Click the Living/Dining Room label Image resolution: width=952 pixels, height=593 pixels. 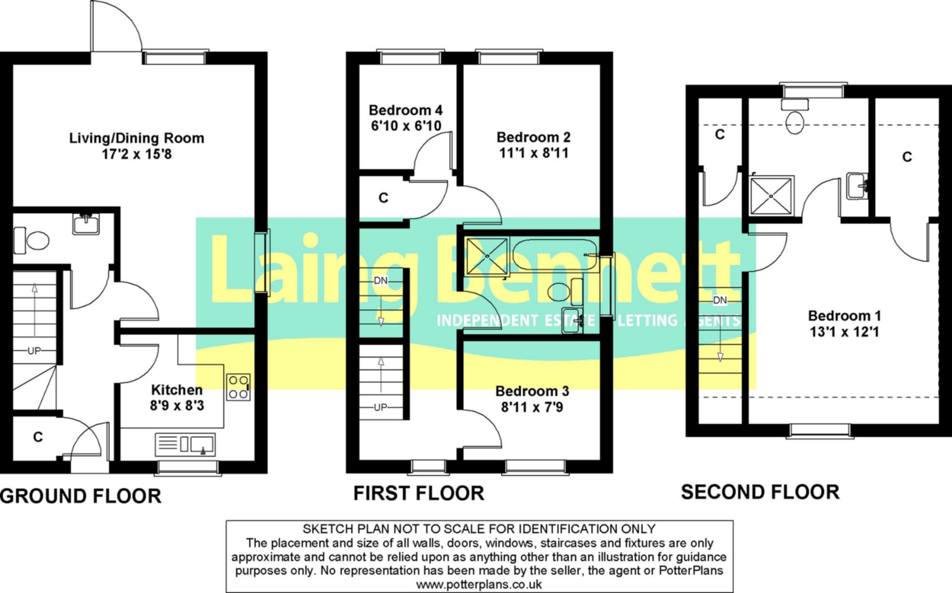(137, 138)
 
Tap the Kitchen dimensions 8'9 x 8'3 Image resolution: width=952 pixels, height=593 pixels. (177, 406)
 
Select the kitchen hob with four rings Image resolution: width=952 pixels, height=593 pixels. (238, 387)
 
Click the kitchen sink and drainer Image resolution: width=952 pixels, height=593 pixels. (185, 444)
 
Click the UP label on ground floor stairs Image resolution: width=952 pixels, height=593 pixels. (34, 351)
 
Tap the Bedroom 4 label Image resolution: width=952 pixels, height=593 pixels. (406, 110)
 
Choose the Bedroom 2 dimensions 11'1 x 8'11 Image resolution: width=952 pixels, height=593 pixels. (534, 153)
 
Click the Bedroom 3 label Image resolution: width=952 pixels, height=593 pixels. (532, 391)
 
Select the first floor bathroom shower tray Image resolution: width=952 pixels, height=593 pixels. (488, 256)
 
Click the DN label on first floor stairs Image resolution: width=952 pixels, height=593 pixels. (381, 281)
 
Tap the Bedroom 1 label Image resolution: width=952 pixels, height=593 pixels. (844, 316)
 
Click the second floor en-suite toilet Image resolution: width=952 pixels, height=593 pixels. (795, 116)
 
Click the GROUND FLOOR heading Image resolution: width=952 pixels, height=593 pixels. (81, 496)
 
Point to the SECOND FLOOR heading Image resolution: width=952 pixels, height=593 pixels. (760, 492)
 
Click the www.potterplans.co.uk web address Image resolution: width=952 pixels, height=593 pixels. (479, 585)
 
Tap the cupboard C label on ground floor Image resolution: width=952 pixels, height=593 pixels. (38, 437)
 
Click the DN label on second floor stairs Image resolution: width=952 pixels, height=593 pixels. (720, 300)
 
